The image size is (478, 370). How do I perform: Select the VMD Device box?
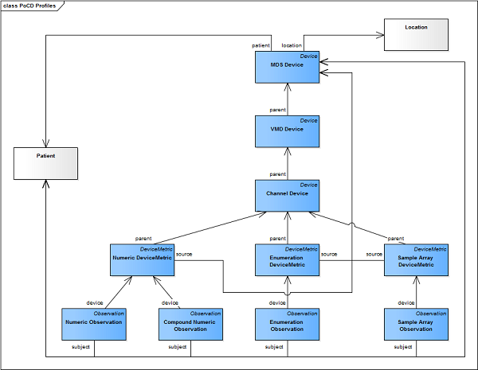coord(288,131)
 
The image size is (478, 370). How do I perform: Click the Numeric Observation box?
coord(93,324)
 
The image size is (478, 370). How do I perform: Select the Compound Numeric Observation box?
coord(189,324)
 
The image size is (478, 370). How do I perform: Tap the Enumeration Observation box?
coord(288,324)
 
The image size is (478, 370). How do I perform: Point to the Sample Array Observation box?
coord(417,324)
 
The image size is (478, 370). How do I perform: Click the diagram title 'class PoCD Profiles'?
coord(33,6)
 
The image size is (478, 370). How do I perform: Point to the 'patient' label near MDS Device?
coord(261,45)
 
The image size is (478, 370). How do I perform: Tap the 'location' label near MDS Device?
coord(292,45)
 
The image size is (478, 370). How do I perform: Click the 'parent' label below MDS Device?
coord(277,110)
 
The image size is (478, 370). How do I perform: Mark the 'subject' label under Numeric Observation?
coord(82,348)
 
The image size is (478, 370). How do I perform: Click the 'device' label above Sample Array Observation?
coord(406,302)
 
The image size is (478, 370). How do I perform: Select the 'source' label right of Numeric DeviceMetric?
coord(184,254)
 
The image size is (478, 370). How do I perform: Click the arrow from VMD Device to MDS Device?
coord(288,99)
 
